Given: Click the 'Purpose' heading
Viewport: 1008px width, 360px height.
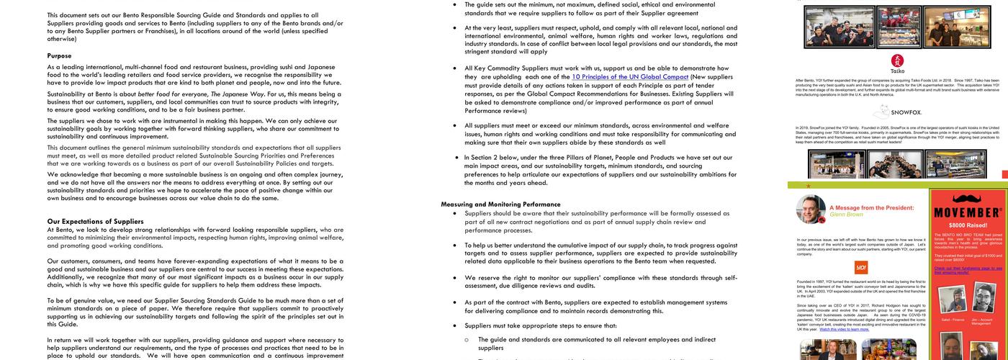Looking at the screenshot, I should tap(59, 55).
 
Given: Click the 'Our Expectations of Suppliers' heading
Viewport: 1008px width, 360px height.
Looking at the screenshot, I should tap(95, 221).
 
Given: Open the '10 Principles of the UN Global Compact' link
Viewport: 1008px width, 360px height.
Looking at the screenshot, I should tap(630, 77).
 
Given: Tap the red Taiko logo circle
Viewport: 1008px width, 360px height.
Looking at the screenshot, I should tap(897, 60).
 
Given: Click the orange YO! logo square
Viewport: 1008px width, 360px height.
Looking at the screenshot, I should tap(861, 267).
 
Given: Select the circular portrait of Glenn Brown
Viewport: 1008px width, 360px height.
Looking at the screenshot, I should tap(811, 209).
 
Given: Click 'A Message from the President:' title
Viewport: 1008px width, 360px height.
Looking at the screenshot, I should tap(871, 207).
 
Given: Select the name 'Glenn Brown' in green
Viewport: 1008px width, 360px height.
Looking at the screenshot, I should tap(846, 215).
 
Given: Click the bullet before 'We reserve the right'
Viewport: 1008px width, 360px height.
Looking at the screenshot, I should tap(454, 278).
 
